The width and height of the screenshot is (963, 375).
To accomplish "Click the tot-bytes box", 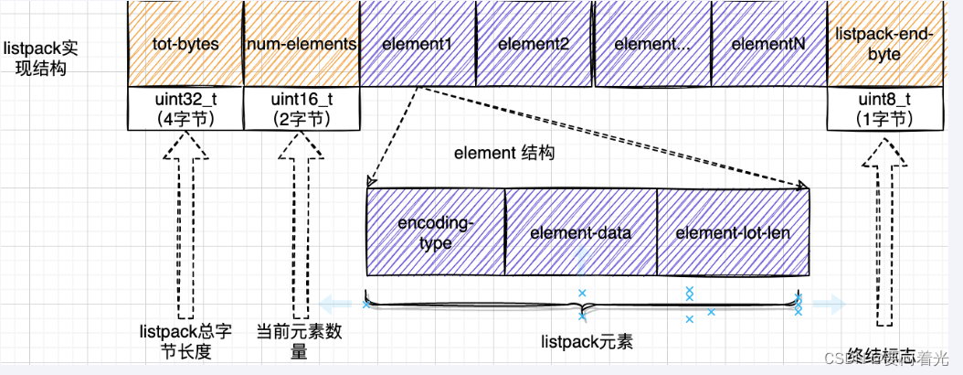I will coord(185,43).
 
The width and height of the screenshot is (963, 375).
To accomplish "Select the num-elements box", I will coord(302,43).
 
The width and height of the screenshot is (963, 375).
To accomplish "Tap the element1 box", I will coord(418,43).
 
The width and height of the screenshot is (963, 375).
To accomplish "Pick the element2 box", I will coord(534,43).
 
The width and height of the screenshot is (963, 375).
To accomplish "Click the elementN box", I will coord(768,43).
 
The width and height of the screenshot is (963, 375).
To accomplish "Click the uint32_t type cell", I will coord(185,109).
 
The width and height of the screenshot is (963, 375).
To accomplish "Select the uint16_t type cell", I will coord(302,109).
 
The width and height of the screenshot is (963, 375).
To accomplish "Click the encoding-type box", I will coord(435,232).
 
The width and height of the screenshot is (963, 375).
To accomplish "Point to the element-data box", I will coord(580,232).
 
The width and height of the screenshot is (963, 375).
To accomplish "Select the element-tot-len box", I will coord(733,232).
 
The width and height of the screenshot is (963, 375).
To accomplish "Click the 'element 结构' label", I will coord(504,154).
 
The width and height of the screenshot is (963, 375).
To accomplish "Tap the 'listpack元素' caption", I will coord(587,342).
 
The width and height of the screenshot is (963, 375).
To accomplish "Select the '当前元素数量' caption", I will coord(300,341).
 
